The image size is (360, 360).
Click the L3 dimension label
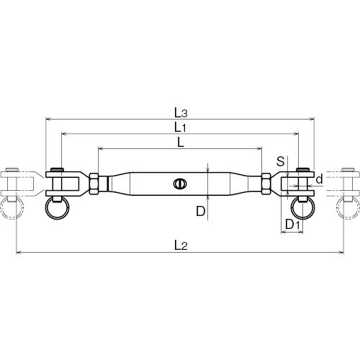pos(181,113)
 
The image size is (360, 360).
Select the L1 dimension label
pos(180,127)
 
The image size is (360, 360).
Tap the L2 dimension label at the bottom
pos(181,246)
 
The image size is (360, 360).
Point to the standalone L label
pos(181,143)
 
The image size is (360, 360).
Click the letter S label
pos(280,161)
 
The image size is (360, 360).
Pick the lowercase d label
pos(320,179)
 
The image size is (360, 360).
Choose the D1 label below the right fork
pos(293,225)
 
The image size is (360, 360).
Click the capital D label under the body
pos(201,211)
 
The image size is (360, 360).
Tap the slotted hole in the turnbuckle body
pos(180,184)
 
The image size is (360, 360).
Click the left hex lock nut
pos(94,184)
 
